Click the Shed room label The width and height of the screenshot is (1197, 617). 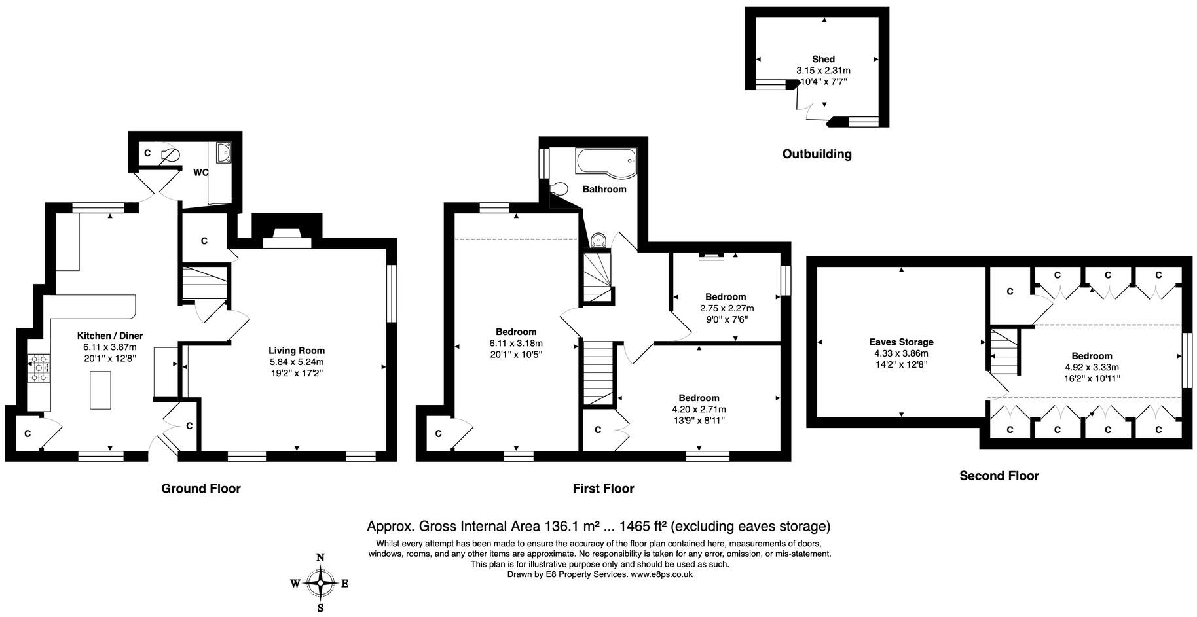point(823,59)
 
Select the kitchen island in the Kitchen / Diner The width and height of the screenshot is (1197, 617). point(100,389)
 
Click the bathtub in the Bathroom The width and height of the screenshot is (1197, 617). point(605,161)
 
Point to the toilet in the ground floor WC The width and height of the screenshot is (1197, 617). point(169,155)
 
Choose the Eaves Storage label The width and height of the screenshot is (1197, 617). point(901,342)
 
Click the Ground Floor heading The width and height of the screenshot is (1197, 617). point(201,489)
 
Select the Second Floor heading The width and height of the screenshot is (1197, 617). point(999,476)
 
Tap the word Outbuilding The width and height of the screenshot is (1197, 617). point(817,154)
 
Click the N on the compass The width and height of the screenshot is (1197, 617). point(320,557)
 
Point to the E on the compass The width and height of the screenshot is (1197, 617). point(345,584)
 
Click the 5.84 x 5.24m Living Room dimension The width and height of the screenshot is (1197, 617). point(296,362)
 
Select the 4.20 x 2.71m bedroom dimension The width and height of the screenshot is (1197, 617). point(699,409)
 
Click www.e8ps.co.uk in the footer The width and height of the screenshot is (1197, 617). point(661,574)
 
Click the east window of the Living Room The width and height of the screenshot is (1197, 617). point(392,293)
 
